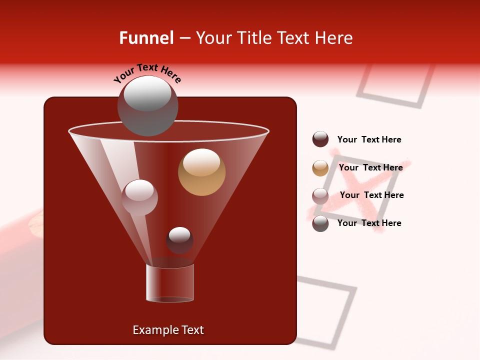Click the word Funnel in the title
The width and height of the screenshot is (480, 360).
146,38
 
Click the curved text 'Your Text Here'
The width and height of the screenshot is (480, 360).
147,73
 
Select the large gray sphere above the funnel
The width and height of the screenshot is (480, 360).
147,105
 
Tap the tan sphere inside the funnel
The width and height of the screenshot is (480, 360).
201,172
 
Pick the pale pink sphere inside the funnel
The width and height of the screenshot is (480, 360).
139,197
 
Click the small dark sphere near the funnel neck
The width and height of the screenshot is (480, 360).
179,240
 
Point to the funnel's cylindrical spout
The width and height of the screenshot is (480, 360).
170,283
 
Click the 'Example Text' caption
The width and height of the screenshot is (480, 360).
168,330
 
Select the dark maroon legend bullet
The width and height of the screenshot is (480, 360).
320,139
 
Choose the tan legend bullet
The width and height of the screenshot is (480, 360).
320,168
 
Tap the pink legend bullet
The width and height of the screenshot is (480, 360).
320,195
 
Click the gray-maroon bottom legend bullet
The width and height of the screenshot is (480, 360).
320,223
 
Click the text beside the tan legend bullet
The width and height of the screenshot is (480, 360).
370,167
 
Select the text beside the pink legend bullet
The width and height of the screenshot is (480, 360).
371,195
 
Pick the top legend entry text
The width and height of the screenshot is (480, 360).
369,139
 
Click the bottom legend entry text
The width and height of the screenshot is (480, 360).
369,223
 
